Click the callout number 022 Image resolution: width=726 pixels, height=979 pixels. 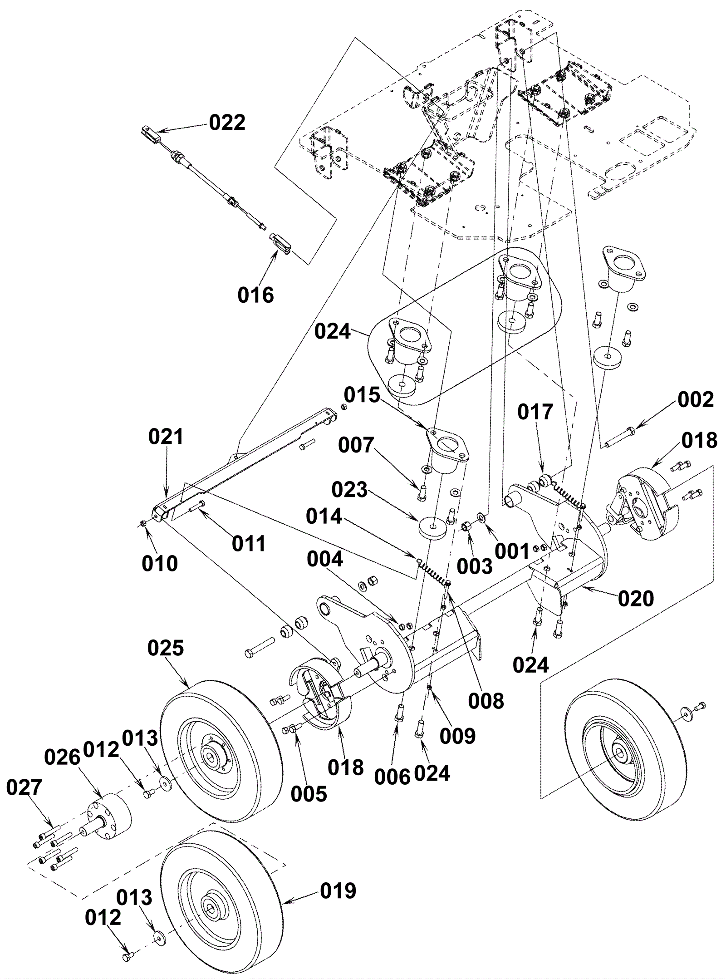(x=227, y=123)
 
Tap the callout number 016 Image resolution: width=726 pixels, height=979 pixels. (x=256, y=295)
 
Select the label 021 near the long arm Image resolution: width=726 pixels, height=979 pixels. (x=166, y=437)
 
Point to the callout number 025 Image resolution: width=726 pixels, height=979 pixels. (x=166, y=648)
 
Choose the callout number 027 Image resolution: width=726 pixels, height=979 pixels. (x=25, y=788)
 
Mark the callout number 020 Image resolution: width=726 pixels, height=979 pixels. (x=636, y=599)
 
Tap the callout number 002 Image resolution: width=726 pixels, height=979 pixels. (x=696, y=399)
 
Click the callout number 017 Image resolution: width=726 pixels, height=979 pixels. (x=535, y=412)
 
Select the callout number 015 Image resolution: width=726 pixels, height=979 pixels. (x=362, y=395)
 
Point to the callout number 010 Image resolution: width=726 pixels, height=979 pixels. (x=160, y=563)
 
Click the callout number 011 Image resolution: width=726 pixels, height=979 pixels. (x=249, y=543)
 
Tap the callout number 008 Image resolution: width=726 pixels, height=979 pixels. (x=486, y=701)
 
